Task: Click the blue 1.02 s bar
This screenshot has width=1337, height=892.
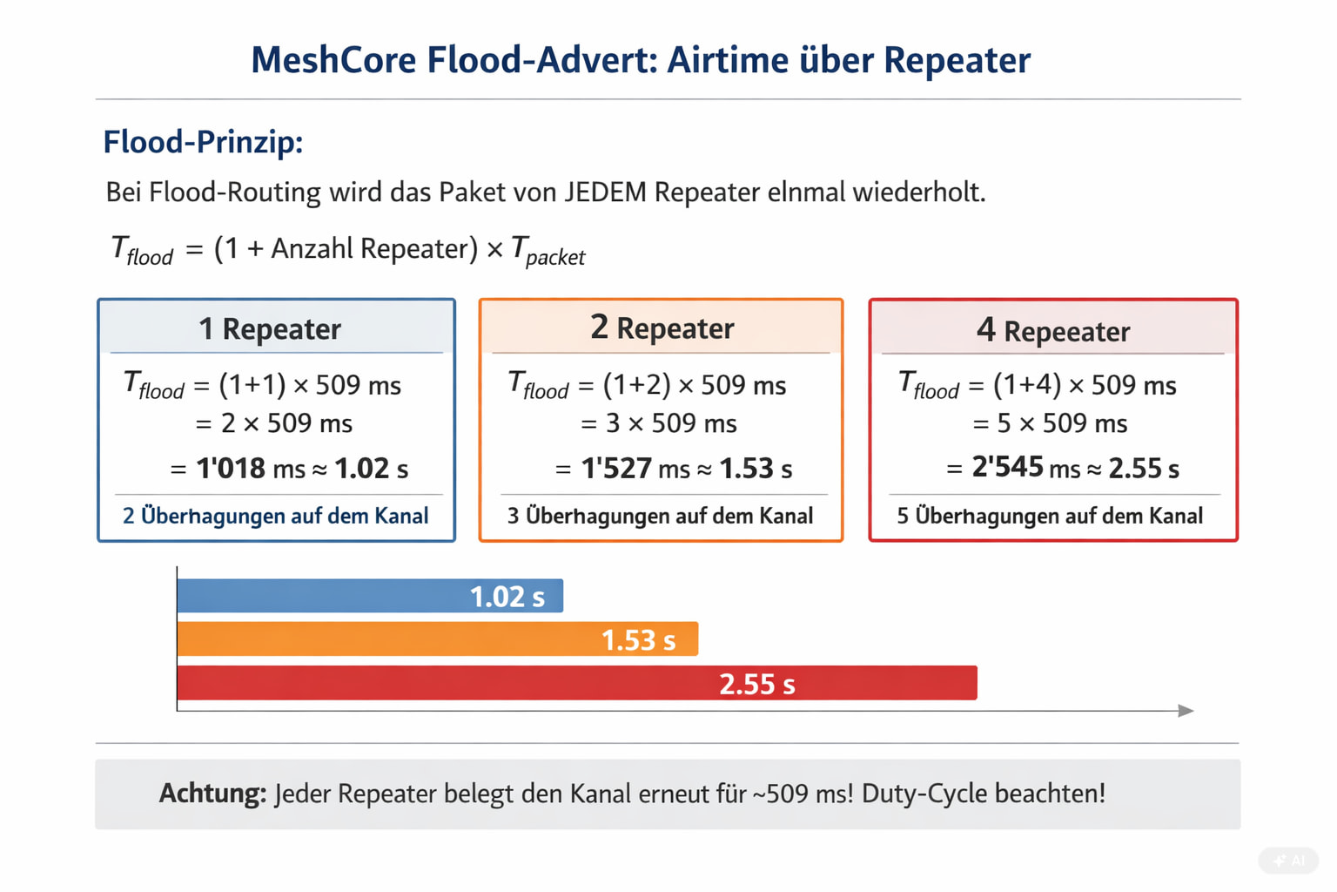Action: pos(370,596)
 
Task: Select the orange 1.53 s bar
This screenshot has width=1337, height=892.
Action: pos(437,639)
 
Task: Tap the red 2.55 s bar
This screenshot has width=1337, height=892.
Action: pos(576,683)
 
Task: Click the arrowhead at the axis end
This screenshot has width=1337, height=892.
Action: pos(1186,711)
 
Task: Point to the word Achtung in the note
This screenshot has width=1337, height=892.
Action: pos(212,794)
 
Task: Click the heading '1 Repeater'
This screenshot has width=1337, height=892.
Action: pos(270,329)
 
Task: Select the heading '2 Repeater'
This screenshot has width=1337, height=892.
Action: pos(662,328)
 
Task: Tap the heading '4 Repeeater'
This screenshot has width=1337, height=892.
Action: pos(1053,331)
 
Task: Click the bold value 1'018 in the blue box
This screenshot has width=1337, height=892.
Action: pos(231,469)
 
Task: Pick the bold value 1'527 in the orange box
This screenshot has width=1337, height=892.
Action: pos(616,469)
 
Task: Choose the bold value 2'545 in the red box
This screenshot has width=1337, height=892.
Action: pos(1007,468)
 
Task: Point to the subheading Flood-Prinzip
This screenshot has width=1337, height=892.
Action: pos(203,142)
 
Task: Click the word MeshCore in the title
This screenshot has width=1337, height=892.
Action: pos(333,60)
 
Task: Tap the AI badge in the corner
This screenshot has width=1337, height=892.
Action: pos(1289,861)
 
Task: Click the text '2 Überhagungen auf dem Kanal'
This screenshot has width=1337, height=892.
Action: pos(275,516)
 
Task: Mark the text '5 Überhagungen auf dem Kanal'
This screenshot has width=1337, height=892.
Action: pos(1050,516)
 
